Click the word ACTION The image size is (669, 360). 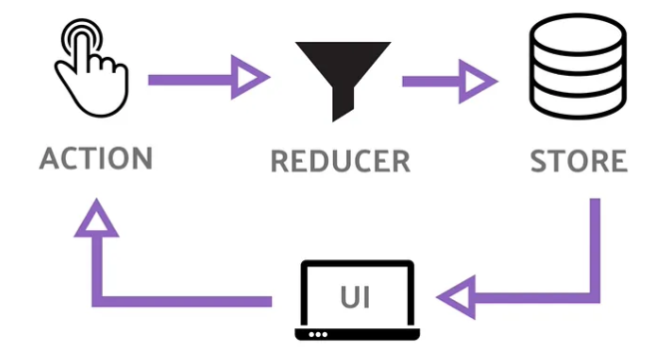(96, 159)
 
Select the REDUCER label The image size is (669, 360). (340, 162)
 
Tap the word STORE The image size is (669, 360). (578, 161)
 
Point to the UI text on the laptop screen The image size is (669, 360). (355, 297)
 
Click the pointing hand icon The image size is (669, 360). (92, 68)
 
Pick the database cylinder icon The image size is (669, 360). (578, 66)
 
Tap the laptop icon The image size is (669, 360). (357, 300)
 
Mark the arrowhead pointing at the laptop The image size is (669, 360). (456, 297)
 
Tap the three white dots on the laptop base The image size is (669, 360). (318, 334)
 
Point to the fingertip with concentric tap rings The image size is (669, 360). (82, 38)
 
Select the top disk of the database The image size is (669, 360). (578, 33)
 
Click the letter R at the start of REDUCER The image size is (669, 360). (279, 162)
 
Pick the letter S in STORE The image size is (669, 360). (538, 161)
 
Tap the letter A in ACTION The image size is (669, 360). (50, 159)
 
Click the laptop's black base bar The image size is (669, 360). (357, 334)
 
